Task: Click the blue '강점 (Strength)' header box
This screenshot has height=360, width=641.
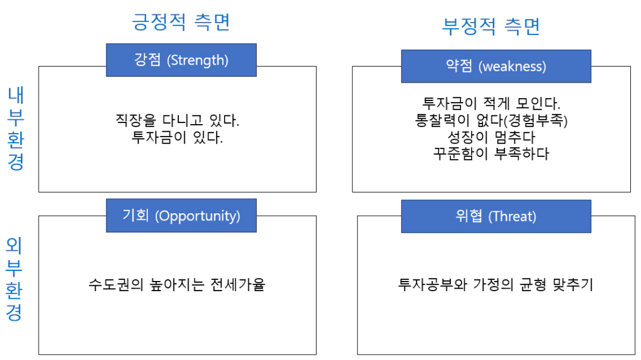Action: click(x=181, y=60)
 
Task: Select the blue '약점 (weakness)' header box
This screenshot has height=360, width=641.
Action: click(x=496, y=66)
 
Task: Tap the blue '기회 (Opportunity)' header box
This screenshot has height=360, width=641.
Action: click(x=181, y=215)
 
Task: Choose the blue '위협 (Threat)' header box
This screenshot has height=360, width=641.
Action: click(x=496, y=216)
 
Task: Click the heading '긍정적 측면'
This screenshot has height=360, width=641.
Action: click(x=181, y=21)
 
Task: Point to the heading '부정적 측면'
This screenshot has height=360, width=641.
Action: click(x=491, y=27)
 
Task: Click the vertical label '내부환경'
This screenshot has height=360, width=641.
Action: click(x=16, y=128)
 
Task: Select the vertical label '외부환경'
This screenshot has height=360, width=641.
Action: click(x=14, y=279)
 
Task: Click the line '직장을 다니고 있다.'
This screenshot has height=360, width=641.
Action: click(x=177, y=120)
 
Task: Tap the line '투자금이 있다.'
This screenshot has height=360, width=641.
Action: click(x=177, y=137)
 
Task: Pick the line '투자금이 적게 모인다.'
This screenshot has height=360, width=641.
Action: click(x=491, y=103)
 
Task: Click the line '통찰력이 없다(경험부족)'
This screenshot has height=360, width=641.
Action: click(x=491, y=120)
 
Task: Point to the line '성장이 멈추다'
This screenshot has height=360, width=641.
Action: click(x=491, y=137)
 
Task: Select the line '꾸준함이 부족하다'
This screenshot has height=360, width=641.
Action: click(x=491, y=154)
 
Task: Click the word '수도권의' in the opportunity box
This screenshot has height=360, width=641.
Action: click(x=116, y=285)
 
